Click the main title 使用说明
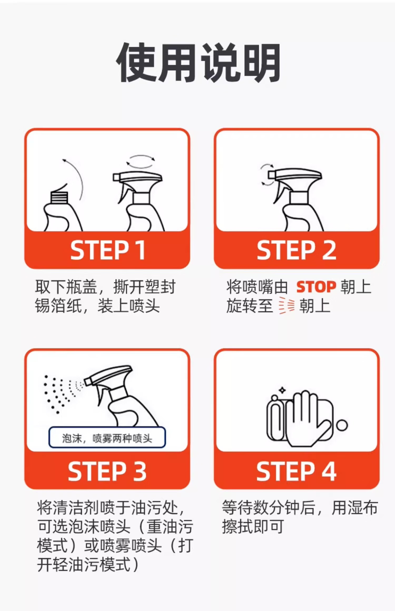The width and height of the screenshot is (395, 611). click(x=198, y=63)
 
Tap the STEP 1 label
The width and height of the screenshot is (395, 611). click(x=108, y=250)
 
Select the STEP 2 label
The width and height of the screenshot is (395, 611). click(x=297, y=250)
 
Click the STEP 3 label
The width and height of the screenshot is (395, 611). click(x=107, y=471)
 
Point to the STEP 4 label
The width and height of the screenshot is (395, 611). click(x=297, y=471)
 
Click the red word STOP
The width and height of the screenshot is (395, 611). click(x=316, y=287)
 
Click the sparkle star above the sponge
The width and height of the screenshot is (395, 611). click(x=282, y=390)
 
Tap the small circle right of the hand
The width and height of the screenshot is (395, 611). click(x=342, y=425)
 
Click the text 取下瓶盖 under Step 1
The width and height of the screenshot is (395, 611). click(x=66, y=287)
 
